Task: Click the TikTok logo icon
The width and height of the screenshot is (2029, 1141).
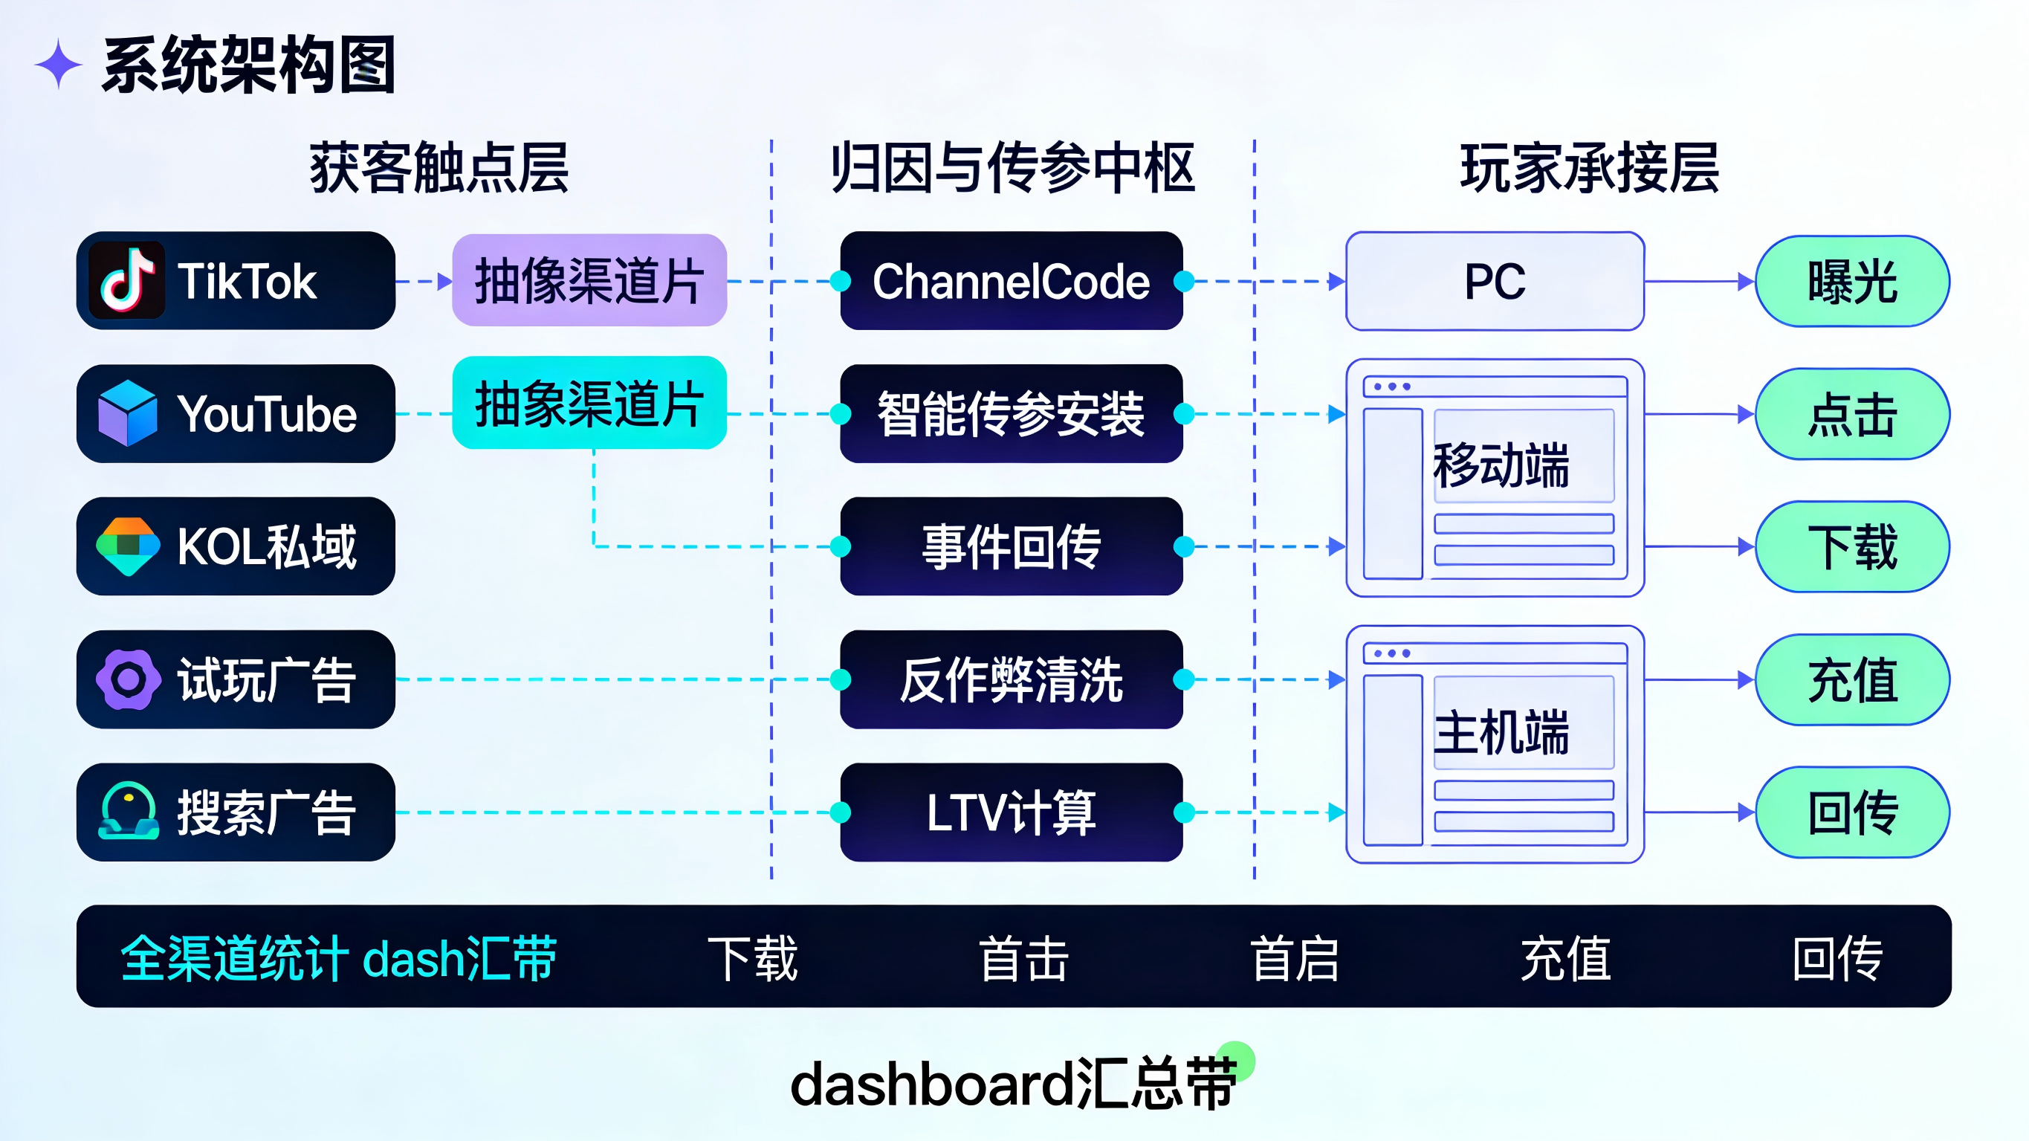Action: pyautogui.click(x=127, y=280)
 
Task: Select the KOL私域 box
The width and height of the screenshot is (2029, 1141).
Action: pyautogui.click(x=236, y=546)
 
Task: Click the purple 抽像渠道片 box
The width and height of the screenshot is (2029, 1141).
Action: pyautogui.click(x=589, y=280)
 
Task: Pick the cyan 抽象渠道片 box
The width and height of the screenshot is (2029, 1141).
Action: pyautogui.click(x=589, y=403)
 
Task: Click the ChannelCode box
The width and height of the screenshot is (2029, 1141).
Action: pyautogui.click(x=1012, y=280)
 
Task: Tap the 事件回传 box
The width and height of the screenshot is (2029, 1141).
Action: pyautogui.click(x=1012, y=546)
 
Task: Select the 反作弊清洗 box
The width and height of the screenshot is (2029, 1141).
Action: pyautogui.click(x=1012, y=679)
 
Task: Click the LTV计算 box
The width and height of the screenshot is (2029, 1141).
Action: pyautogui.click(x=1012, y=812)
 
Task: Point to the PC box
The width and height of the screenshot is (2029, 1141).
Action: pyautogui.click(x=1495, y=281)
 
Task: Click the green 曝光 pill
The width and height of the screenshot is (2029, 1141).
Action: pyautogui.click(x=1853, y=281)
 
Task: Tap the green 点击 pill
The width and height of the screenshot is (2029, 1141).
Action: pyautogui.click(x=1853, y=414)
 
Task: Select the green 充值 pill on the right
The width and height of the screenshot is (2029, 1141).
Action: pyautogui.click(x=1853, y=679)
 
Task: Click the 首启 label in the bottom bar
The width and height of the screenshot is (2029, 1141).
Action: pyautogui.click(x=1295, y=958)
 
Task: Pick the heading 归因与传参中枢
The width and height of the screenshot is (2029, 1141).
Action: pyautogui.click(x=1013, y=168)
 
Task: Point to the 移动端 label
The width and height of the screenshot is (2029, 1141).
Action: pyautogui.click(x=1501, y=465)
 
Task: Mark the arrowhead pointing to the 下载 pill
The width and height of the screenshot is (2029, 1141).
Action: pyautogui.click(x=1745, y=546)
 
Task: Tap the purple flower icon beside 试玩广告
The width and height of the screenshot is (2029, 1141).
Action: pyautogui.click(x=129, y=679)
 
